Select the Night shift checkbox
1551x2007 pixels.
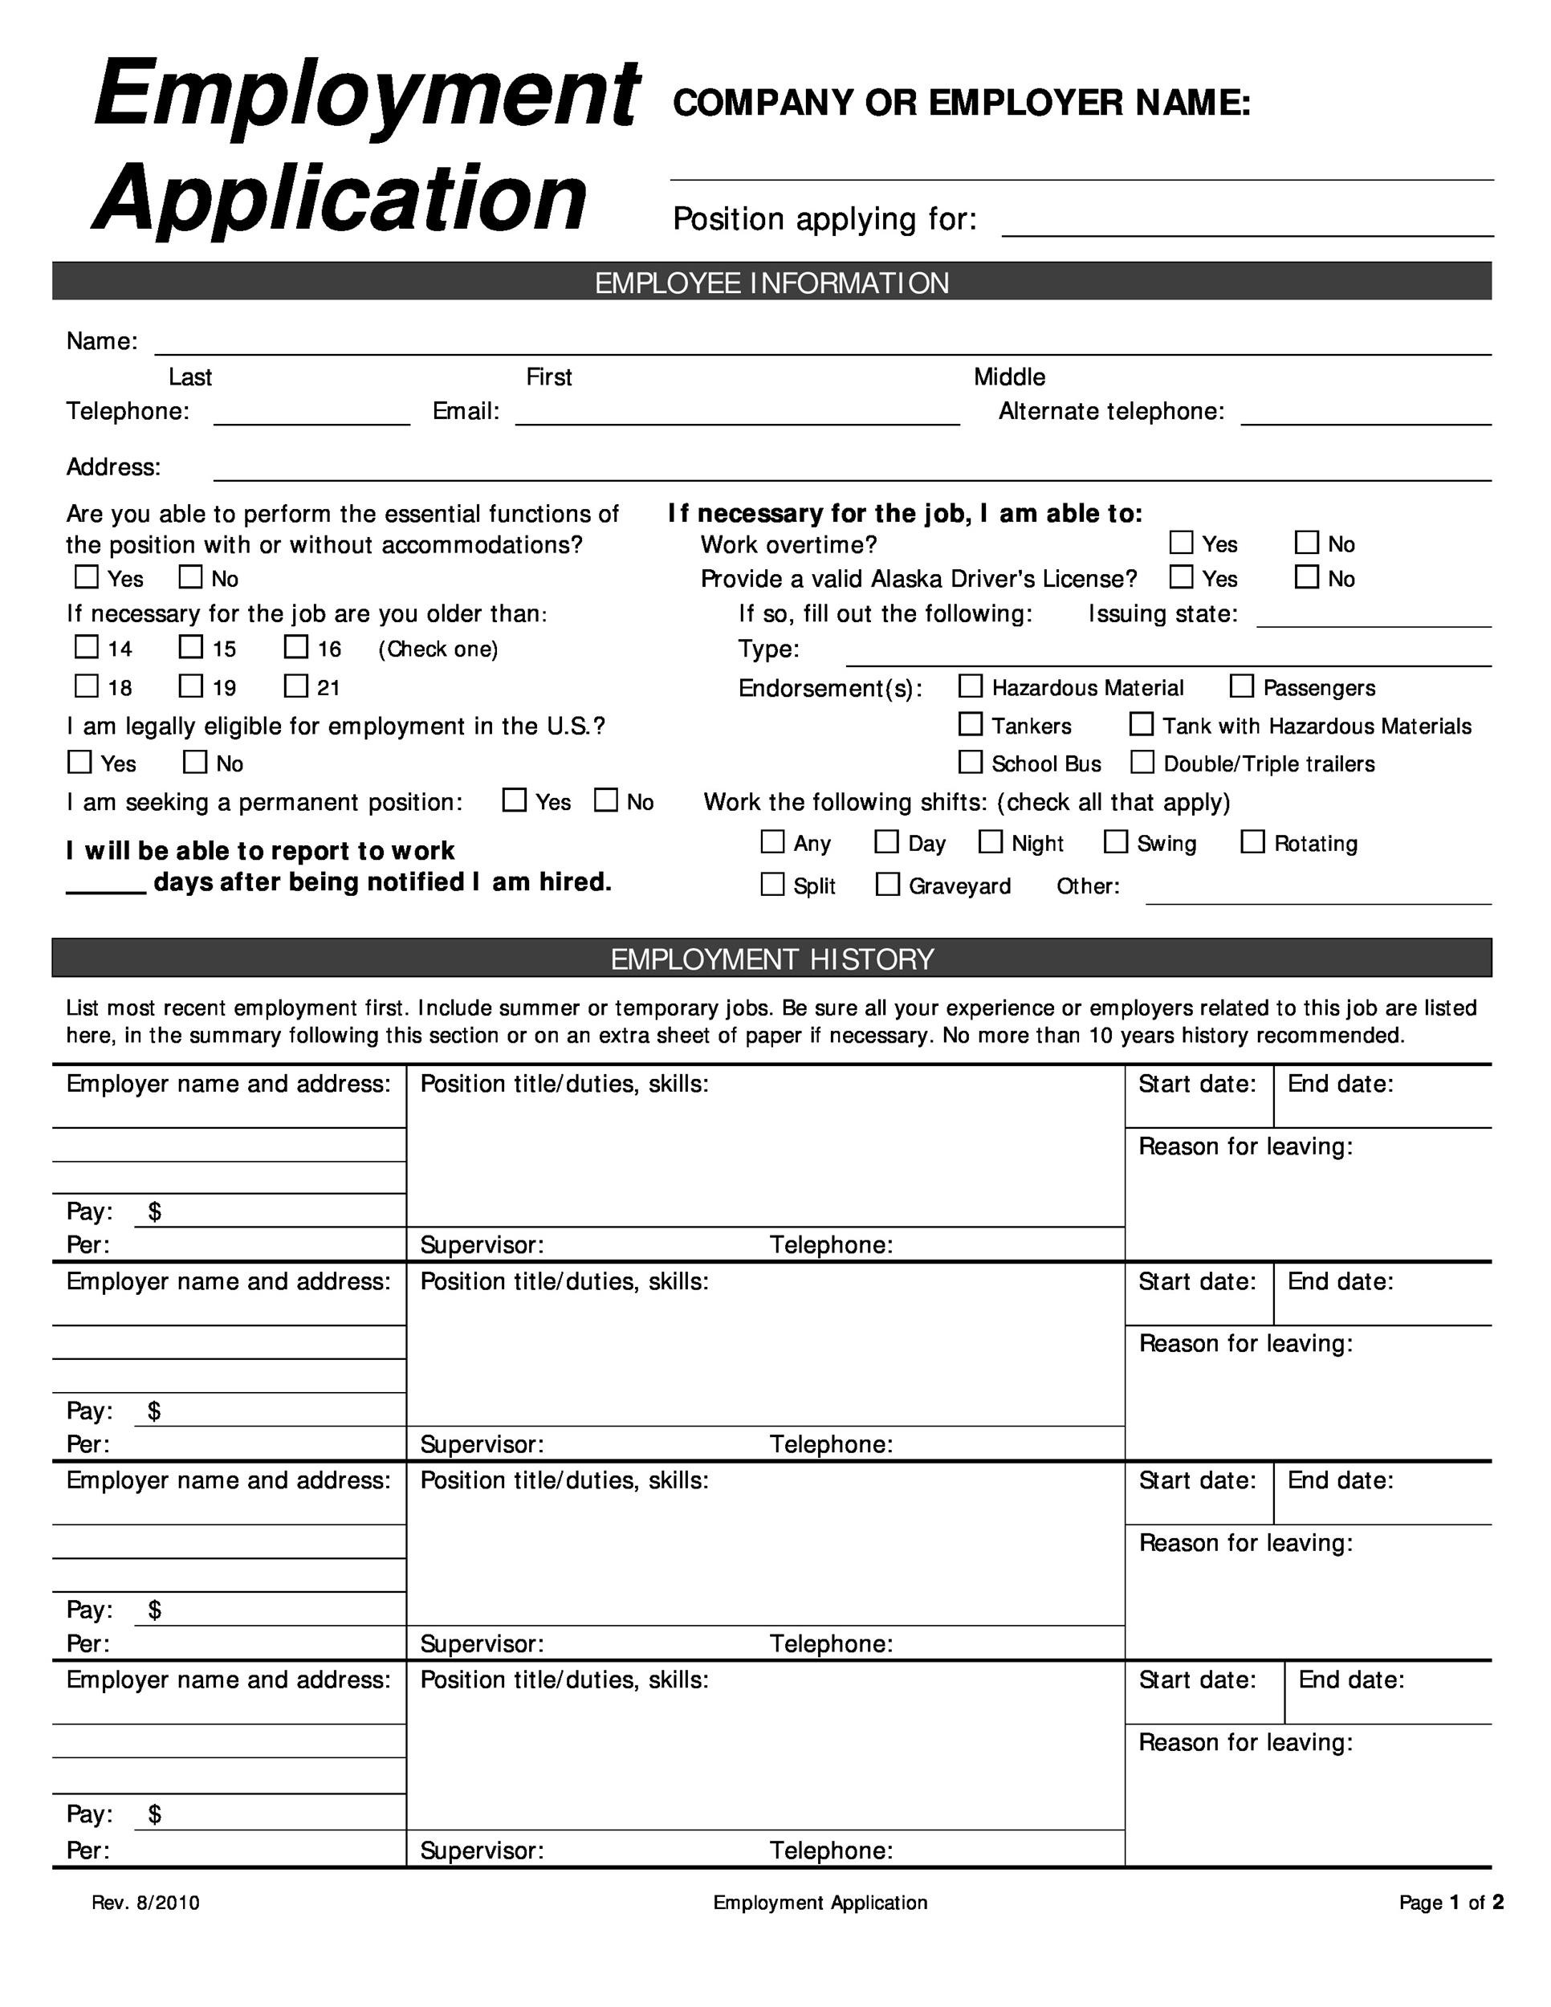point(991,841)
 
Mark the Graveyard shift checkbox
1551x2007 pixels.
point(888,884)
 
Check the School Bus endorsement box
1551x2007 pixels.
point(971,762)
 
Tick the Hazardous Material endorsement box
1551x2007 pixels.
point(971,686)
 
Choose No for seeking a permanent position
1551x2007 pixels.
point(605,800)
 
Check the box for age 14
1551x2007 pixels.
point(87,647)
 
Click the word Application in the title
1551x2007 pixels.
point(340,197)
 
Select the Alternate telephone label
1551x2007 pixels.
point(1111,411)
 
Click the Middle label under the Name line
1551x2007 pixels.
point(1009,377)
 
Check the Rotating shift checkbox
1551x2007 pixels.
point(1252,841)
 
